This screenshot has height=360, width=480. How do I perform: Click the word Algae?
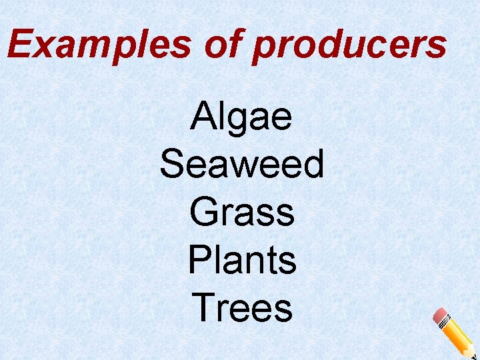(241, 117)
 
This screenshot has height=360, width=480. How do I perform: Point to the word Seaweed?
(242, 164)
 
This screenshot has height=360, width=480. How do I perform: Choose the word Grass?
(241, 212)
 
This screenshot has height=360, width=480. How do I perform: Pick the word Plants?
(242, 260)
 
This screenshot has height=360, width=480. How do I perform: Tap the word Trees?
(242, 308)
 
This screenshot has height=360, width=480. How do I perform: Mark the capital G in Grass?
(204, 212)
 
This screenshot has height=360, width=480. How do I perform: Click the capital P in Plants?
(199, 260)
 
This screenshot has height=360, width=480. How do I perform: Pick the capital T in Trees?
(203, 308)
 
